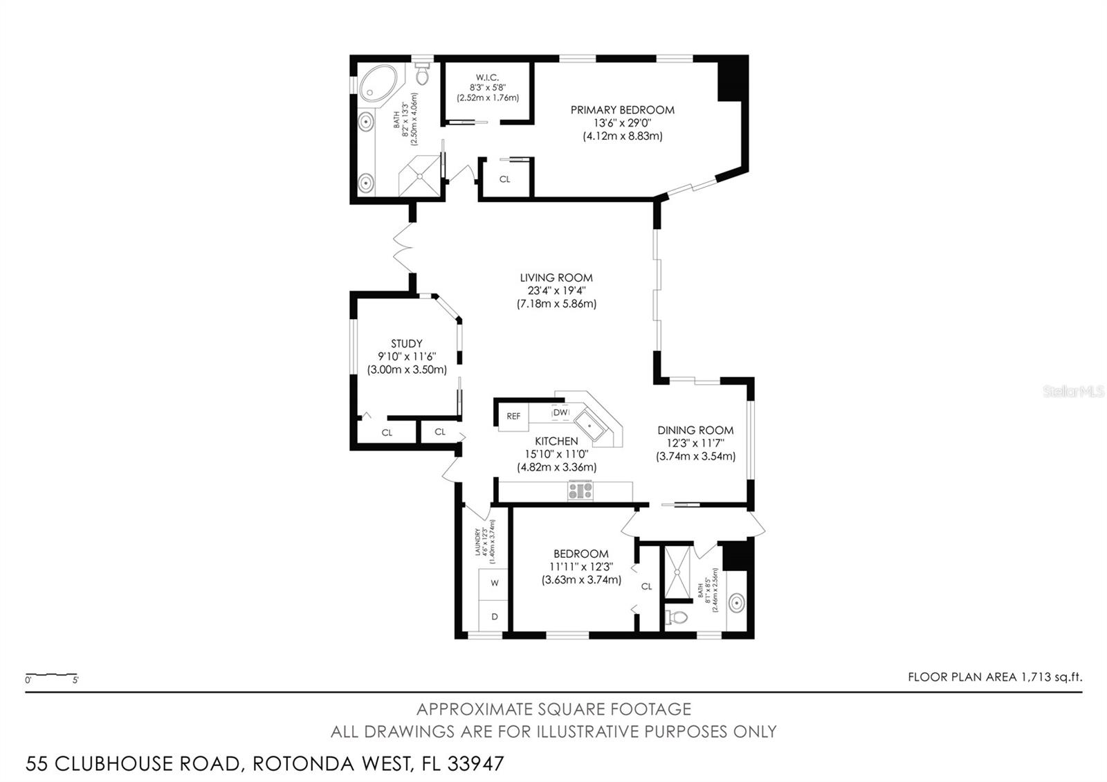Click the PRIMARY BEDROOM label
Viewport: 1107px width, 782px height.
622,109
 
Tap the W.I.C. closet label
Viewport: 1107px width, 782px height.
487,77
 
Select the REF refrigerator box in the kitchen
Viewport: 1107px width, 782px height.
513,417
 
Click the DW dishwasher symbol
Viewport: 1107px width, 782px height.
560,412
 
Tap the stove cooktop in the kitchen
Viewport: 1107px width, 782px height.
580,491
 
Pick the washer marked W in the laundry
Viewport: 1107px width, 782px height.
494,583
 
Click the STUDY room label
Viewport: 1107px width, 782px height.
406,343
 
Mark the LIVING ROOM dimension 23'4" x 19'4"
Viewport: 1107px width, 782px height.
556,291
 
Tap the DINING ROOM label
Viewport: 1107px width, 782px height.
695,430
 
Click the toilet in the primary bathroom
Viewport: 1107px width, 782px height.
423,74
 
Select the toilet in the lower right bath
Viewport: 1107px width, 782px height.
676,617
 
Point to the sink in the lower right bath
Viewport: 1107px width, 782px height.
736,603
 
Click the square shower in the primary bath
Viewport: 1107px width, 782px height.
419,176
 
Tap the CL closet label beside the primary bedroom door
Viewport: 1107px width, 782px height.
505,179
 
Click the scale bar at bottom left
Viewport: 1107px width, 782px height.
51,674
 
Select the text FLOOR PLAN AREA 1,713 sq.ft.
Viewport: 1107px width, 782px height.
994,677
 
